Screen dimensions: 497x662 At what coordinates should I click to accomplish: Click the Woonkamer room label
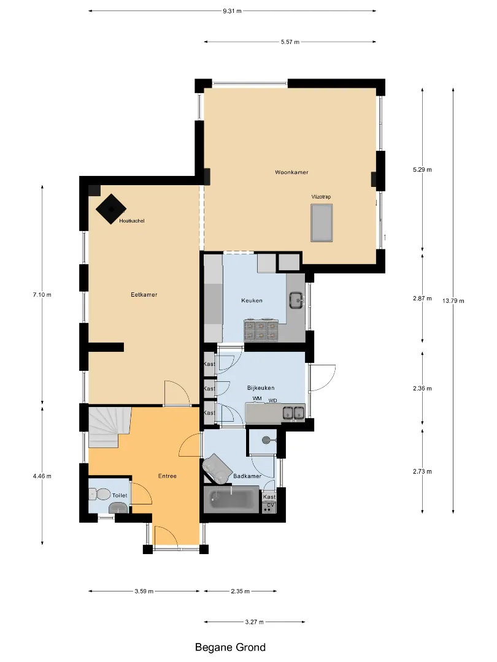point(291,172)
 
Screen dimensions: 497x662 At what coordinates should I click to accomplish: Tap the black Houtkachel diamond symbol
point(111,209)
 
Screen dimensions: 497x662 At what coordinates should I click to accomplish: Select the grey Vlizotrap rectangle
point(322,223)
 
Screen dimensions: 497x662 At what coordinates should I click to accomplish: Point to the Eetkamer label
point(144,295)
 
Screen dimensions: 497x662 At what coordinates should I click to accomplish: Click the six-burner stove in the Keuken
point(260,330)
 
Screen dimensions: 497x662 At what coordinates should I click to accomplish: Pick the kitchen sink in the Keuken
point(297,300)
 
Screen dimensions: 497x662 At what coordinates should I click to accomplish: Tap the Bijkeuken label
point(261,387)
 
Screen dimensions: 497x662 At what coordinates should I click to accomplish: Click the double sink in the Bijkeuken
point(293,413)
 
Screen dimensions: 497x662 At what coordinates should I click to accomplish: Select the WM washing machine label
point(257,398)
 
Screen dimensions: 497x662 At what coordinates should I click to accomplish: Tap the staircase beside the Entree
point(108,427)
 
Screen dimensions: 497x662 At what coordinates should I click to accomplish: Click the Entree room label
point(168,476)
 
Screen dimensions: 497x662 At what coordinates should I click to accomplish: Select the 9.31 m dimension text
point(233,11)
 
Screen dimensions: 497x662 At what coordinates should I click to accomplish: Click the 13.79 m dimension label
point(453,301)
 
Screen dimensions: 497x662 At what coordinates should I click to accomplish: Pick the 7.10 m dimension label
point(42,295)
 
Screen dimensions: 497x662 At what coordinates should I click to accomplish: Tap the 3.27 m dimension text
point(255,622)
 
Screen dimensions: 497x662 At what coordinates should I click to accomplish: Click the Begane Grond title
point(230,647)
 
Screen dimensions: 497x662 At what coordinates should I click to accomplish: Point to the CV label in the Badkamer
point(271,505)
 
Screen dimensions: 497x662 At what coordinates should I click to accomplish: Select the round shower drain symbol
point(266,440)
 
